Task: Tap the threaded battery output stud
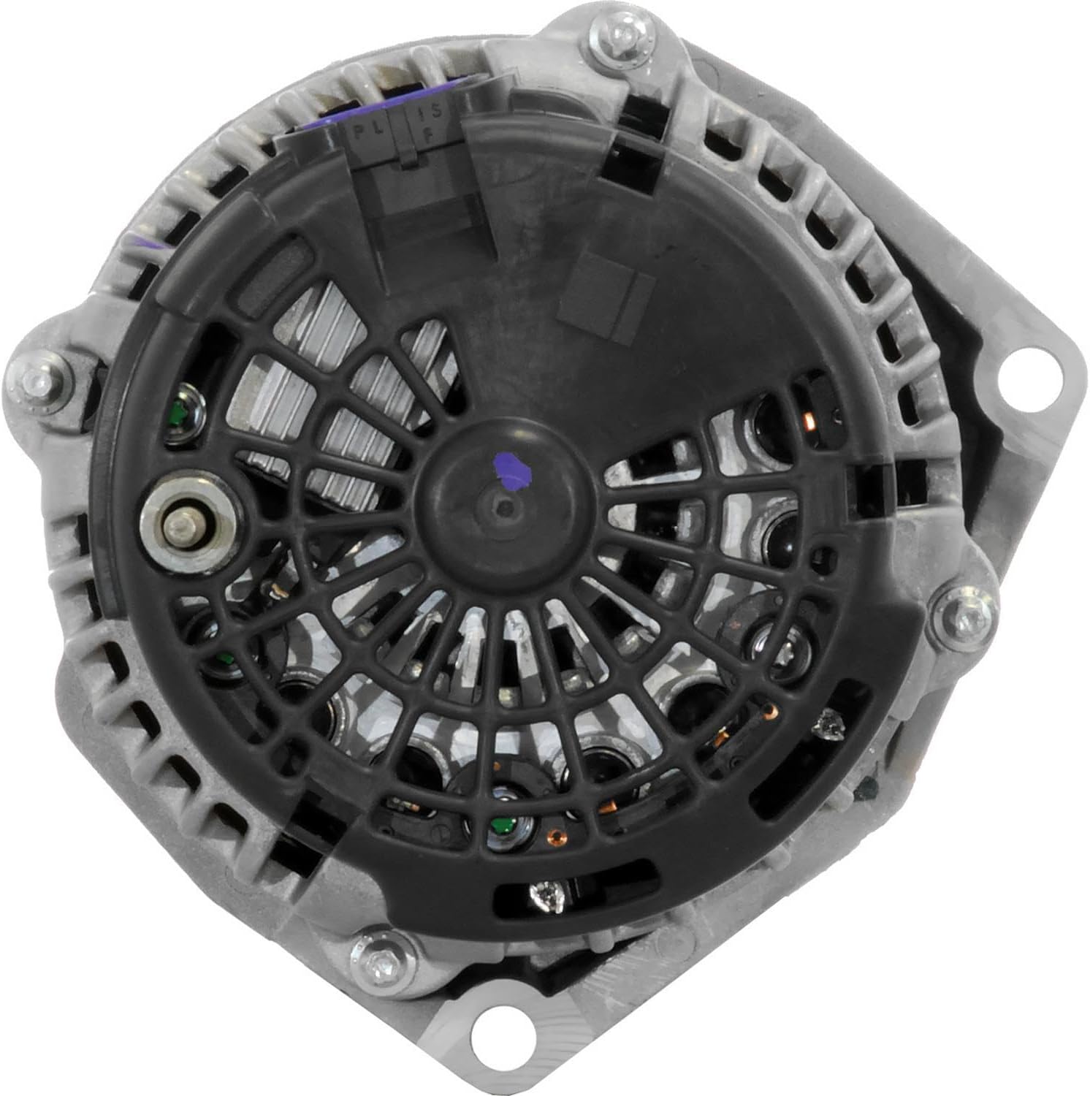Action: point(180,523)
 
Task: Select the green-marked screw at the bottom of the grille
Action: point(501,826)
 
